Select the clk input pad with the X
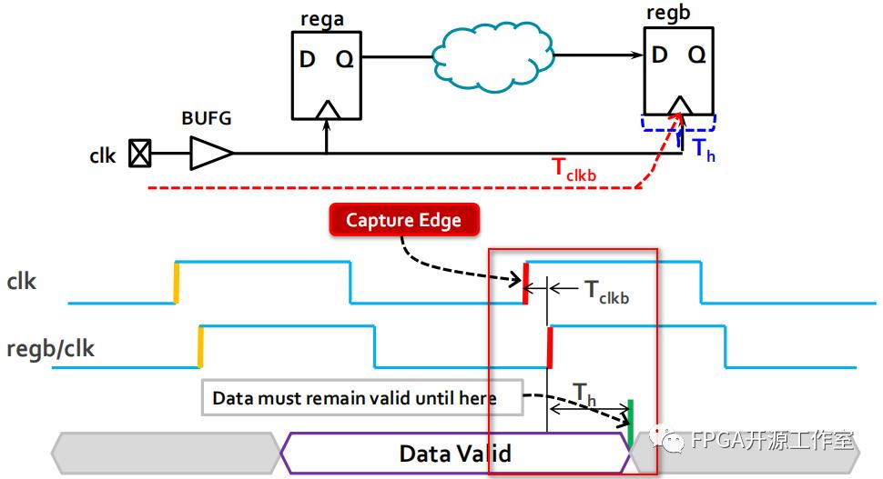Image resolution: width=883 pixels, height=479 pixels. click(138, 154)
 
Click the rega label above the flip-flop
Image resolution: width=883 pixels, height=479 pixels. click(323, 18)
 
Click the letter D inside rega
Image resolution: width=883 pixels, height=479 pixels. click(308, 61)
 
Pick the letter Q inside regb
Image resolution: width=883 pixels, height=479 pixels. click(696, 55)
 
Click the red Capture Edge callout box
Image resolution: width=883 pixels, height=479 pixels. click(403, 220)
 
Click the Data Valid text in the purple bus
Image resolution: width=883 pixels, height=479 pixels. click(455, 453)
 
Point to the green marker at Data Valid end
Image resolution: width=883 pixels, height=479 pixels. click(630, 424)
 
